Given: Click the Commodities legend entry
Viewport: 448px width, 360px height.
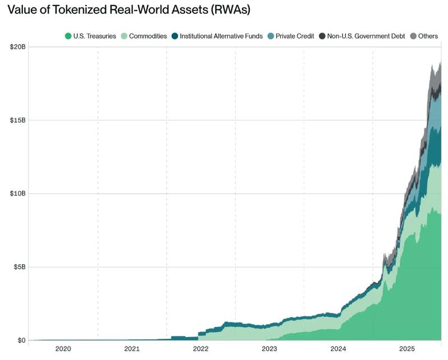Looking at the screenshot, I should tap(148, 36).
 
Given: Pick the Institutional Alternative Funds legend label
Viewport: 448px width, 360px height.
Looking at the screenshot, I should tap(221, 36).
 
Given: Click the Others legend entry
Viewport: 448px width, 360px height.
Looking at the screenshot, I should tap(428, 36).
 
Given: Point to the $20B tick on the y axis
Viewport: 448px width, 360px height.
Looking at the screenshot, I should tap(17, 47).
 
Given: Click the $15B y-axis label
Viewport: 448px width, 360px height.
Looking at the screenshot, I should tap(17, 120).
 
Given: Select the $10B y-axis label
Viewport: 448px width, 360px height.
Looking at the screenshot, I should tap(17, 194).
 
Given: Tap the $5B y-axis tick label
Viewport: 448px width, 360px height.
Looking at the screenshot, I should tap(18, 267).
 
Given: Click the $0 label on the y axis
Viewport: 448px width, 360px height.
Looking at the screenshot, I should tap(21, 340).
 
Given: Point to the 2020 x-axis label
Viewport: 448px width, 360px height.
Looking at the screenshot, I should tap(63, 349).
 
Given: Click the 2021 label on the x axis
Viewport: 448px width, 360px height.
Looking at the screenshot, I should tap(132, 349).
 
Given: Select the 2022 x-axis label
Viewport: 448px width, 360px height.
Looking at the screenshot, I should tap(201, 349).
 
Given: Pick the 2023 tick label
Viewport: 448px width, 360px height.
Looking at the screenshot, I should tap(270, 349).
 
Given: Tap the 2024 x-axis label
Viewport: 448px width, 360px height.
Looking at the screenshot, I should tap(338, 349).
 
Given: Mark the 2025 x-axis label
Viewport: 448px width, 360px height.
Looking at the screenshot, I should tap(407, 349).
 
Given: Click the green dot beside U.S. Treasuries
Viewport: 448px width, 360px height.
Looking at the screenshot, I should tap(68, 36).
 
